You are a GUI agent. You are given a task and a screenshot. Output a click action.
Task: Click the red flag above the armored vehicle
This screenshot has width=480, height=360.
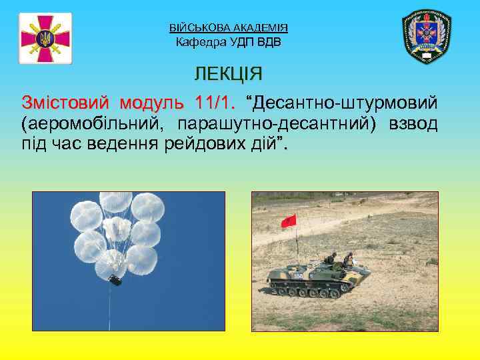(289, 221)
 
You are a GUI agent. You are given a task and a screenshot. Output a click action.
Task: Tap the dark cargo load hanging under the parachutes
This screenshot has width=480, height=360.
(115, 281)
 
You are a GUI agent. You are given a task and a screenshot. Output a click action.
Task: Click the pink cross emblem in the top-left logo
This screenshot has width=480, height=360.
(45, 38)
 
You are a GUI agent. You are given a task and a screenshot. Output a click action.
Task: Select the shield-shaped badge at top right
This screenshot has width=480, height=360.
(427, 37)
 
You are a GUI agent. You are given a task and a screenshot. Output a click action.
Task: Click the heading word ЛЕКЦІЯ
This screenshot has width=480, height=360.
(228, 73)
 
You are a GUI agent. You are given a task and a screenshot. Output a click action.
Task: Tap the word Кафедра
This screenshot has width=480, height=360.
(200, 43)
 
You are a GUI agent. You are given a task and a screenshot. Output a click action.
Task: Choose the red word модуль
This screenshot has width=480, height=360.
(151, 105)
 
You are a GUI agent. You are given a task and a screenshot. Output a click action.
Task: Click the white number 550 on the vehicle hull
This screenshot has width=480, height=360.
(298, 275)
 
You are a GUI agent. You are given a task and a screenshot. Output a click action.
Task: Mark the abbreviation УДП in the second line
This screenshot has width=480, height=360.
(243, 43)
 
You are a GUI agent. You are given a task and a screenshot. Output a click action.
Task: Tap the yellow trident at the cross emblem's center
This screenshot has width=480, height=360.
(45, 38)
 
